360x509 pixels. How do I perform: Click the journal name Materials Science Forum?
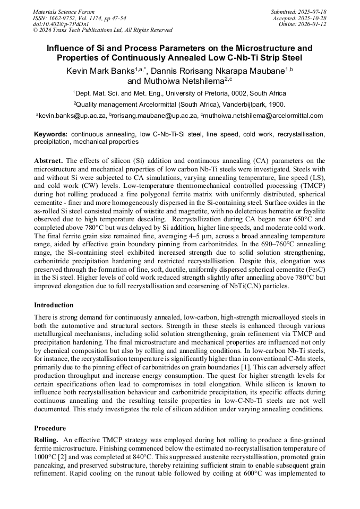(x=64, y=12)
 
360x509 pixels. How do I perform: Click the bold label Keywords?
(x=51, y=135)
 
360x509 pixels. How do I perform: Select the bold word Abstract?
(x=48, y=160)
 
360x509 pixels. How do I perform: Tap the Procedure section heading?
(x=50, y=428)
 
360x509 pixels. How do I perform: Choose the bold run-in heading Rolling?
(x=46, y=440)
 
